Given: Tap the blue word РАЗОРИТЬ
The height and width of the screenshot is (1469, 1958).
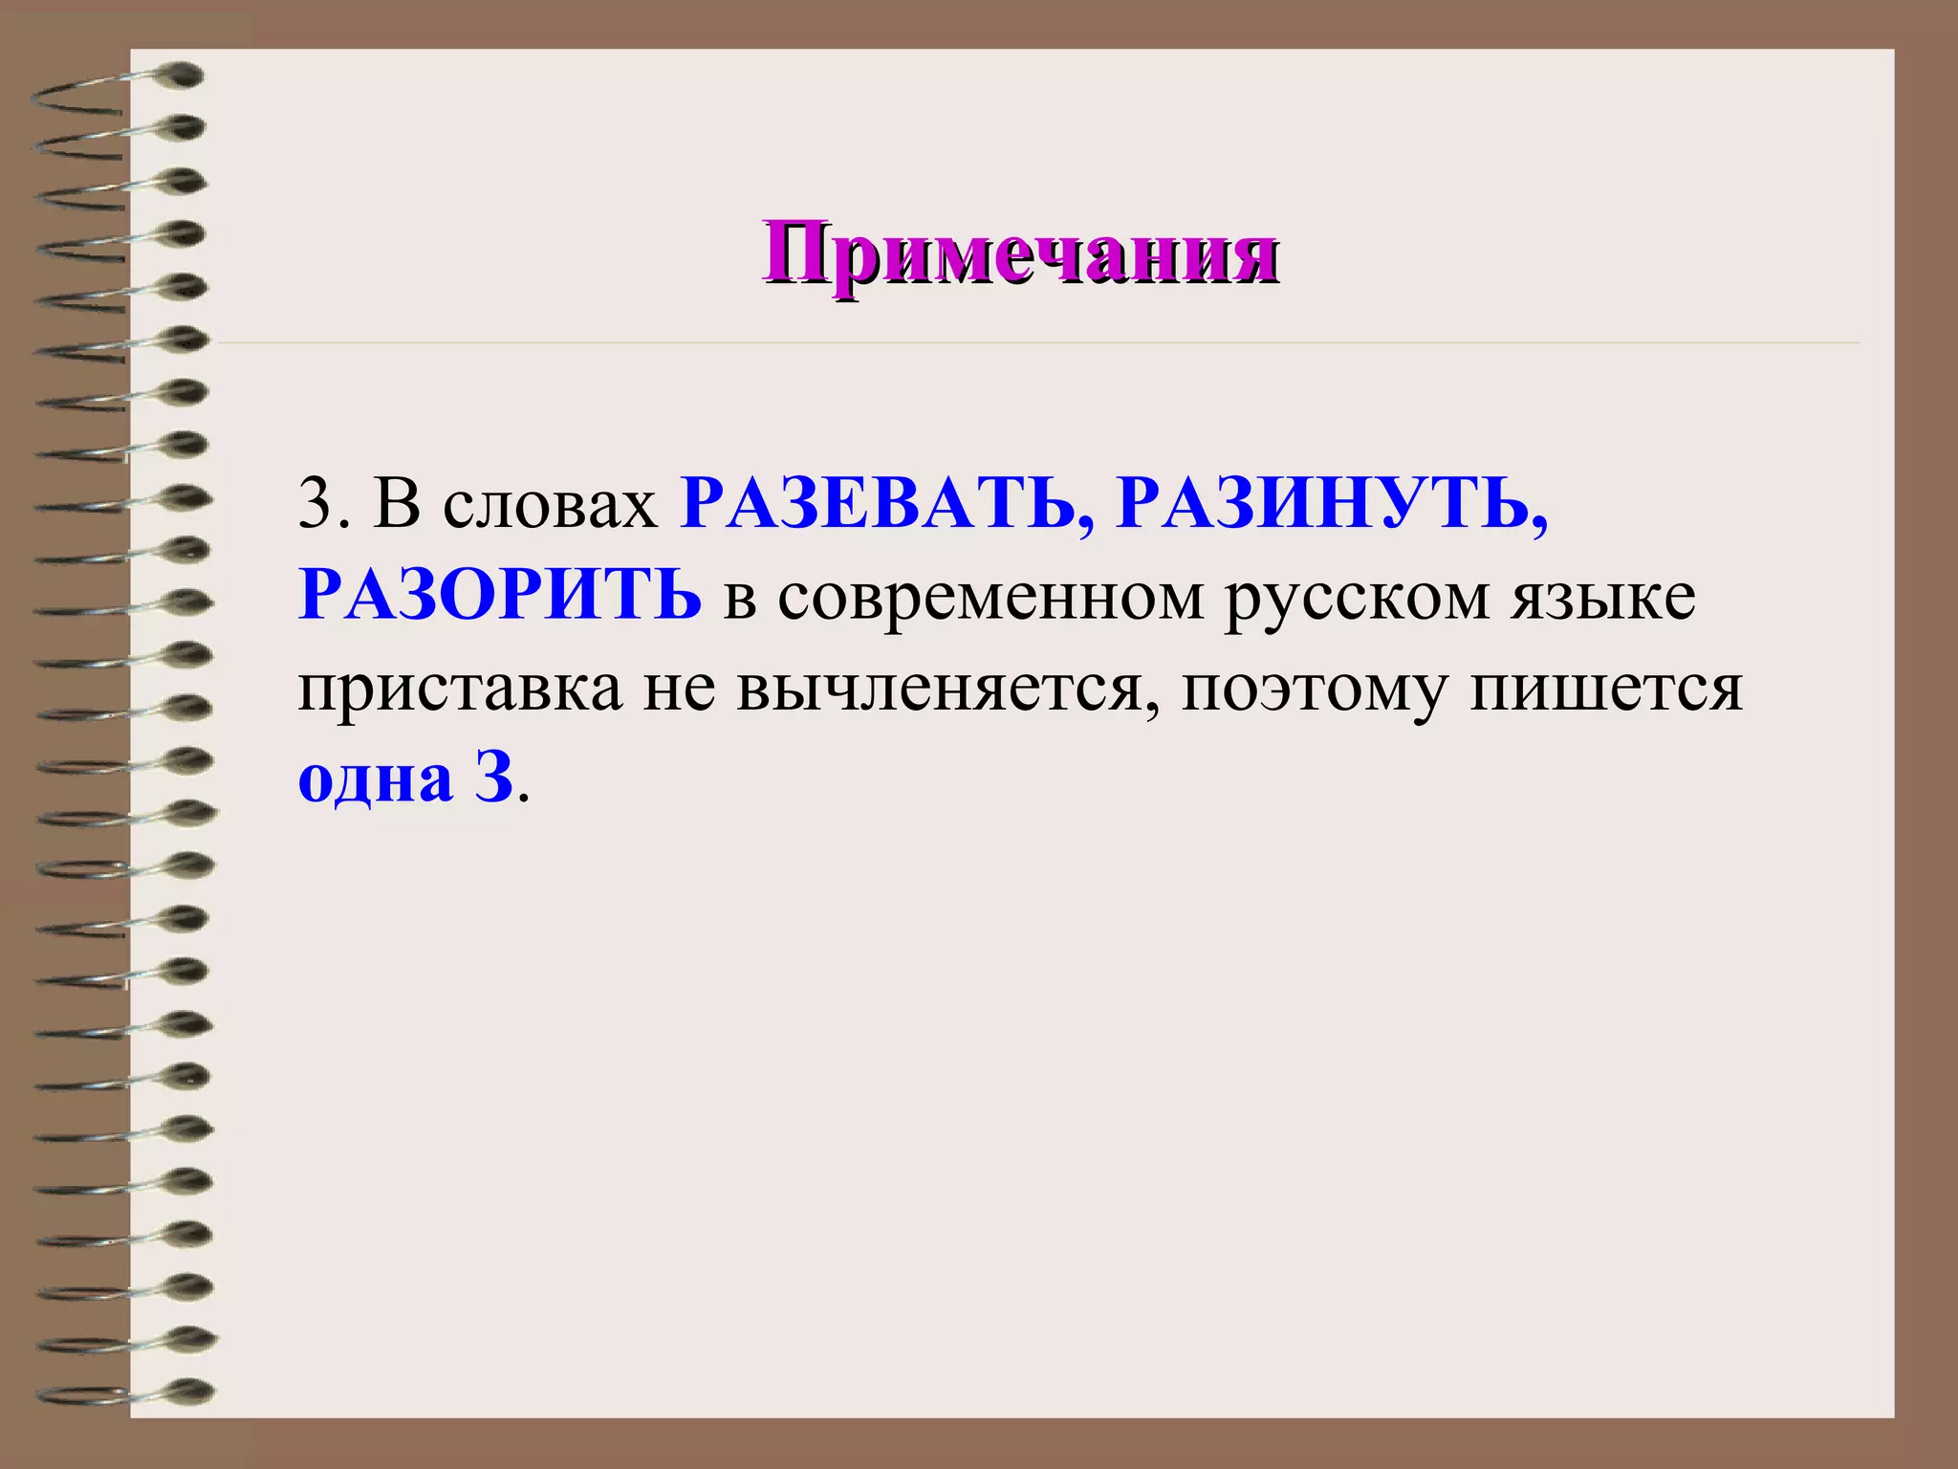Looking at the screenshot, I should [499, 595].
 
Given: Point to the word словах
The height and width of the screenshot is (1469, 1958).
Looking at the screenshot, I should [551, 505].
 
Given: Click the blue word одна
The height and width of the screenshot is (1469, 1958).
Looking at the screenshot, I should [375, 778].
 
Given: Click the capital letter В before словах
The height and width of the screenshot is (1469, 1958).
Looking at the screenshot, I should [396, 504].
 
